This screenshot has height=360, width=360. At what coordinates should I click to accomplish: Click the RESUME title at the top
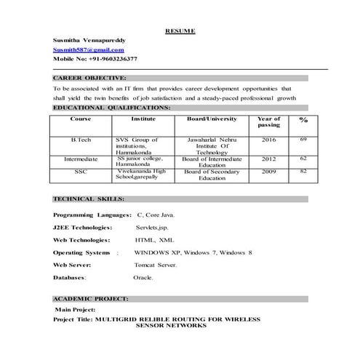pos(180,31)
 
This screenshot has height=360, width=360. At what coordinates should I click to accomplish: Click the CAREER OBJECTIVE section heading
pos(89,76)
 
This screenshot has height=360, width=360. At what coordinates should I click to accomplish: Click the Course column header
pos(80,118)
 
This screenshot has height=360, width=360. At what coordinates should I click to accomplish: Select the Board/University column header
pos(212,118)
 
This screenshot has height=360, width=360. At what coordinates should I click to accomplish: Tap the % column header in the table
pos(303,121)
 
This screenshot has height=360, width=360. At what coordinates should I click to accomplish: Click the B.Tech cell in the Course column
pos(80,138)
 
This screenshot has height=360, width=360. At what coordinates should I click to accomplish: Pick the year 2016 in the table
pos(269,138)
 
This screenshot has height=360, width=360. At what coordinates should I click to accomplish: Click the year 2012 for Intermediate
pos(269,159)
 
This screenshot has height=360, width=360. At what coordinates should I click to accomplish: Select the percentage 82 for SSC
pos(303,171)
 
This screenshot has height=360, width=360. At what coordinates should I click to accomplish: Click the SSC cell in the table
pos(80,172)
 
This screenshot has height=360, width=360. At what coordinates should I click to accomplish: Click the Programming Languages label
pos(92,215)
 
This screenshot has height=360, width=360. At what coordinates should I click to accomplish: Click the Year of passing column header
pos(269,121)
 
